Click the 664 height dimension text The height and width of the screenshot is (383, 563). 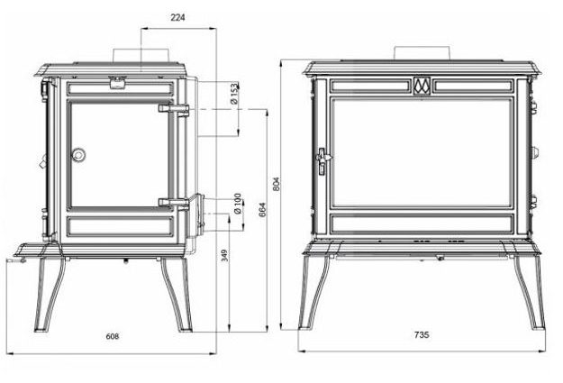(262, 211)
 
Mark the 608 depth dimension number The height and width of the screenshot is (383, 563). (112, 336)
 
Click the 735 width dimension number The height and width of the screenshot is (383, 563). (422, 335)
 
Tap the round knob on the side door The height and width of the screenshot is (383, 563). (80, 155)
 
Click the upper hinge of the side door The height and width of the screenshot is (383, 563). (173, 109)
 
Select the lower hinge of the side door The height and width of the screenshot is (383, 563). (173, 202)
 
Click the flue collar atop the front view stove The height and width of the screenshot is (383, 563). (422, 51)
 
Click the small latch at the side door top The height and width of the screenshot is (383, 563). (116, 84)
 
